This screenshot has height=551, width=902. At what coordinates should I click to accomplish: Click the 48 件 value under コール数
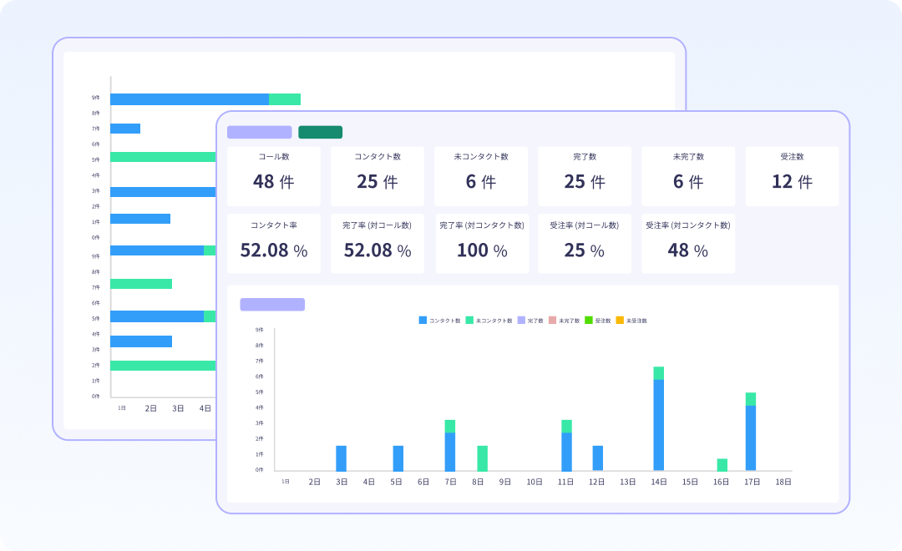(273, 181)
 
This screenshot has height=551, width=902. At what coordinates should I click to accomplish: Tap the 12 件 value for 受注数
(792, 181)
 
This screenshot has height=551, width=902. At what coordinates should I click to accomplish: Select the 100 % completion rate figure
(480, 250)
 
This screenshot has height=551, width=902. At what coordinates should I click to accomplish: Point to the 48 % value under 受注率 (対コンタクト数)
(687, 250)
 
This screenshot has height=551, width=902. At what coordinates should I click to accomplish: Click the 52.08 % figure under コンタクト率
(273, 250)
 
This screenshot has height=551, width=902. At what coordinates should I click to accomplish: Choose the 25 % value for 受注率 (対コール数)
(584, 250)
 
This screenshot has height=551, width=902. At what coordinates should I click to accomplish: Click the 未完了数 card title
(688, 157)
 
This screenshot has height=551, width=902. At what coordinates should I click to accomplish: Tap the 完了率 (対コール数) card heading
(377, 225)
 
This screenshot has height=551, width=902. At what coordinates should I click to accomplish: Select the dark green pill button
(320, 132)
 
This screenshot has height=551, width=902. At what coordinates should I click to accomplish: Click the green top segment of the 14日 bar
(659, 373)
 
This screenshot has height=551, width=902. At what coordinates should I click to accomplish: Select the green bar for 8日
(482, 458)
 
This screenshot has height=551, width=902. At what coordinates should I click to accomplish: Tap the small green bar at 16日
(722, 465)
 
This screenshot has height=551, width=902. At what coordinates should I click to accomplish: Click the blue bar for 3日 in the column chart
(341, 458)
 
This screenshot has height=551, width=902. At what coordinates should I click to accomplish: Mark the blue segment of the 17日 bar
(750, 438)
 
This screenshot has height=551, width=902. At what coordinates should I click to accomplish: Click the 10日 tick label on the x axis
(535, 482)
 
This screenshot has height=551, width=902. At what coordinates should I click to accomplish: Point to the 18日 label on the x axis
(783, 482)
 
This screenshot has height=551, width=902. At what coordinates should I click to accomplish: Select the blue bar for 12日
(597, 458)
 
